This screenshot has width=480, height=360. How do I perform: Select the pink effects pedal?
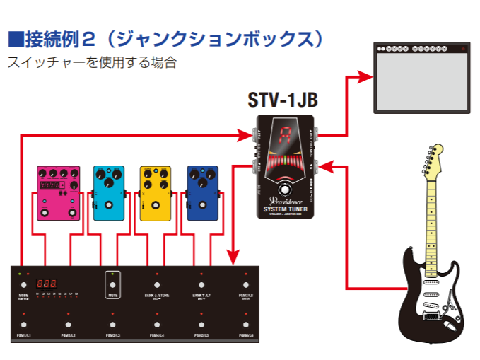[58, 193]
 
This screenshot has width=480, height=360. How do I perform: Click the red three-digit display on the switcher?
[47, 281]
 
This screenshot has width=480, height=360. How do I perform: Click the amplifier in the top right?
[422, 77]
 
